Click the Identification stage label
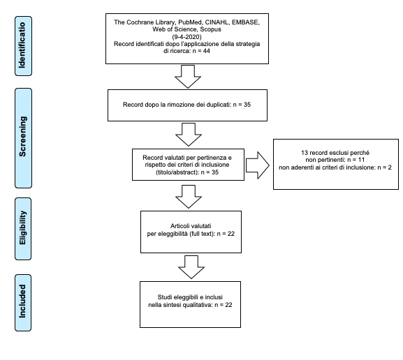coord(23,46)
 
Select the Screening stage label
coord(23,138)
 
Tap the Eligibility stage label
coord(23,229)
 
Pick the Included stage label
coord(23,303)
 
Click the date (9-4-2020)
coord(187,37)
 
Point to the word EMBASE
coord(245,22)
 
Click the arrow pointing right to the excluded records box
coord(258,165)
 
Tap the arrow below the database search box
coord(188,77)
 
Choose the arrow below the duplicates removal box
coord(189,135)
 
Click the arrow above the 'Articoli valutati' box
coord(189,197)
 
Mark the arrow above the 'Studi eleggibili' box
coord(191,267)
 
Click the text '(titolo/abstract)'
coord(177,172)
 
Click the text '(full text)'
coord(202,234)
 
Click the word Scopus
coord(211,29)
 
